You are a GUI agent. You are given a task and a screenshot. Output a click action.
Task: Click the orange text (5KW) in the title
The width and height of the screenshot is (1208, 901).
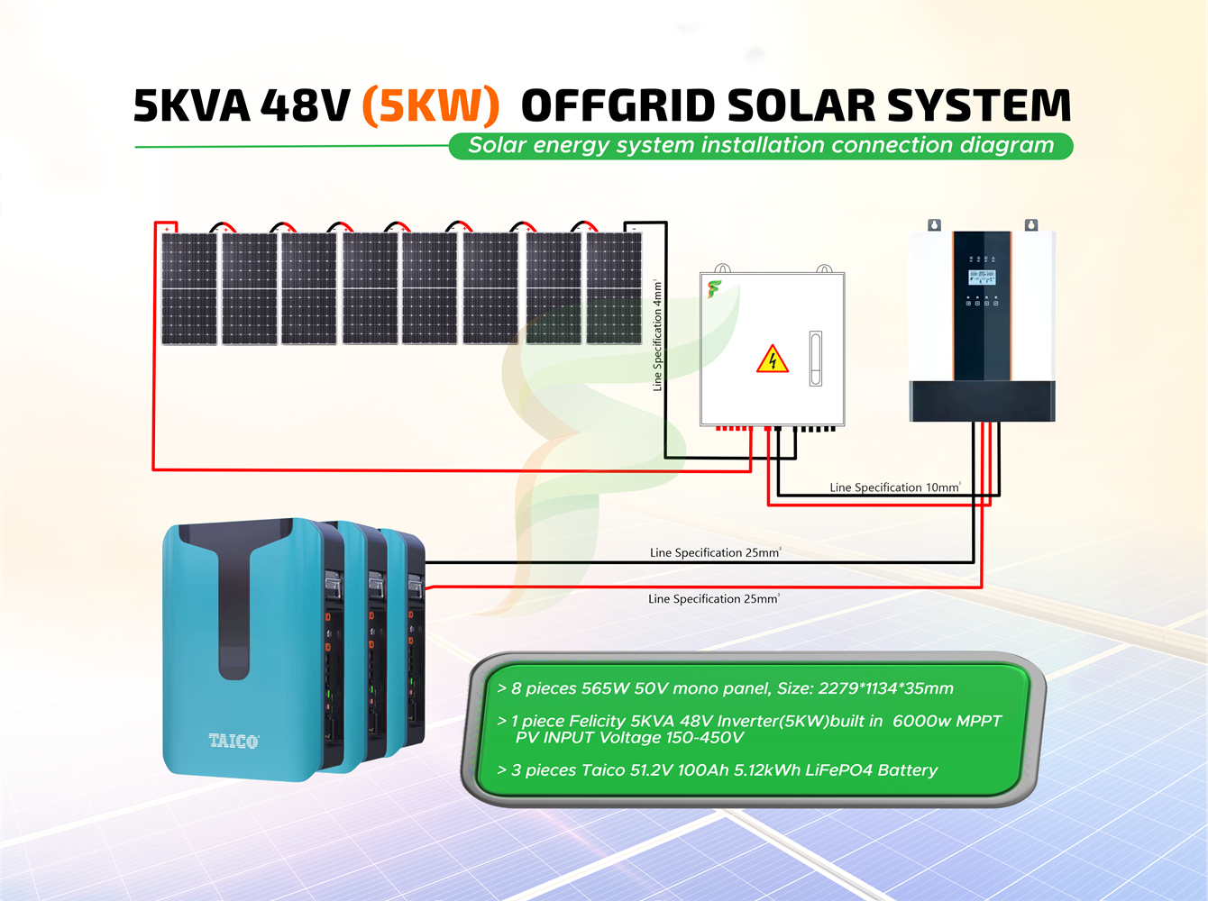click(x=430, y=105)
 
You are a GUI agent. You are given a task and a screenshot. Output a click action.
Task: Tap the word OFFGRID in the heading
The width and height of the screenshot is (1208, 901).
click(x=618, y=105)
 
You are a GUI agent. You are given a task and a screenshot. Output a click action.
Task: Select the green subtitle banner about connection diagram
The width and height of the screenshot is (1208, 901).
click(x=761, y=146)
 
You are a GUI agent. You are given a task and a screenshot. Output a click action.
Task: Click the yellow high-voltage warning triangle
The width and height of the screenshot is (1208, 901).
click(x=773, y=359)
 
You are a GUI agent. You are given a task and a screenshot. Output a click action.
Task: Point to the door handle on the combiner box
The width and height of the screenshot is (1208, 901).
click(x=816, y=359)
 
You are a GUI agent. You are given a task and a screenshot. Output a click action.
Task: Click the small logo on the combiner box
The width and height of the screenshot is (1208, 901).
click(x=714, y=289)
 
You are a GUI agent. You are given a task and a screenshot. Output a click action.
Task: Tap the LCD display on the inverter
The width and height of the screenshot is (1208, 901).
click(x=982, y=278)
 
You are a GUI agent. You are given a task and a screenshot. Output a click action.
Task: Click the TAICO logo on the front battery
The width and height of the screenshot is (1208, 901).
click(x=233, y=741)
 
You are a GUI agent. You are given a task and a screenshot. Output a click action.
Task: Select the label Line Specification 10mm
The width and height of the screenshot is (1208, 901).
click(x=894, y=487)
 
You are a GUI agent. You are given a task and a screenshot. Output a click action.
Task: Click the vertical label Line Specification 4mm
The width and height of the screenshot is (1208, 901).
click(x=658, y=335)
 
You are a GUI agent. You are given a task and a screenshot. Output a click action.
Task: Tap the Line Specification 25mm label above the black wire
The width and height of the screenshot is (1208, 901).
click(x=715, y=552)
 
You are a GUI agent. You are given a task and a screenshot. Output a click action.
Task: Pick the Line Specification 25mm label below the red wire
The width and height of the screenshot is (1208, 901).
click(x=713, y=598)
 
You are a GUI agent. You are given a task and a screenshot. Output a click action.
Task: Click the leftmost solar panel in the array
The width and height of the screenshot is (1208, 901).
click(x=189, y=288)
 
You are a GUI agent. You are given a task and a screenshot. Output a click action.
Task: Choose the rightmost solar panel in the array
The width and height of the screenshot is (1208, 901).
click(x=614, y=288)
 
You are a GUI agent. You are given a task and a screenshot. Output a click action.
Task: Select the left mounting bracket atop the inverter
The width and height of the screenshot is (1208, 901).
click(x=935, y=225)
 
